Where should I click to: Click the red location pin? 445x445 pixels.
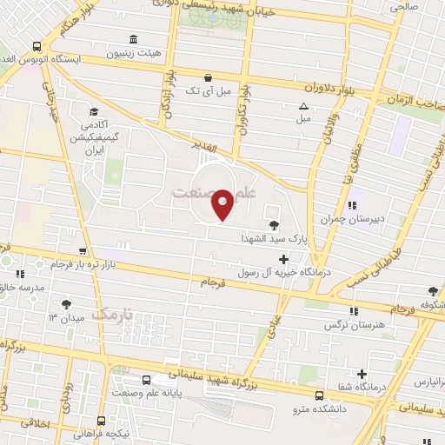(x=222, y=204)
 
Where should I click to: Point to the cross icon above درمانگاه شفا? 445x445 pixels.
(x=362, y=375)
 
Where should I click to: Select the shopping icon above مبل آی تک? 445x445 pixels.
(x=207, y=76)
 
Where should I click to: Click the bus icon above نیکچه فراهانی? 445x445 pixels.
(x=101, y=420)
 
